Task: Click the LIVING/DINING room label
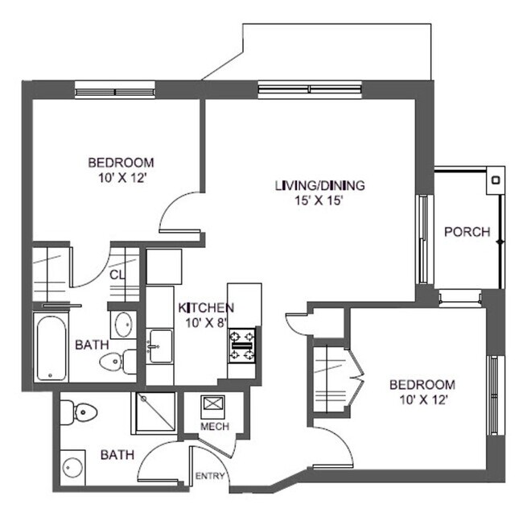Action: point(319,185)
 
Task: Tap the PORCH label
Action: point(467,232)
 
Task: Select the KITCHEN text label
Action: point(206,308)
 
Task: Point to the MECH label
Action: point(215,426)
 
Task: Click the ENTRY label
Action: point(210,476)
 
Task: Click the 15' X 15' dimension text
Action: point(319,201)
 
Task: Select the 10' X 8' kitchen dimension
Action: point(206,323)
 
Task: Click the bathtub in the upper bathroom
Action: point(54,347)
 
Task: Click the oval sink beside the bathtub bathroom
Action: point(124,325)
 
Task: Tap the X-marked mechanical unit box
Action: point(214,405)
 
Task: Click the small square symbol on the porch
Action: point(496,180)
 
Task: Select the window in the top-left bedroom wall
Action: point(115,89)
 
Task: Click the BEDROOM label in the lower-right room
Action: point(422,384)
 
